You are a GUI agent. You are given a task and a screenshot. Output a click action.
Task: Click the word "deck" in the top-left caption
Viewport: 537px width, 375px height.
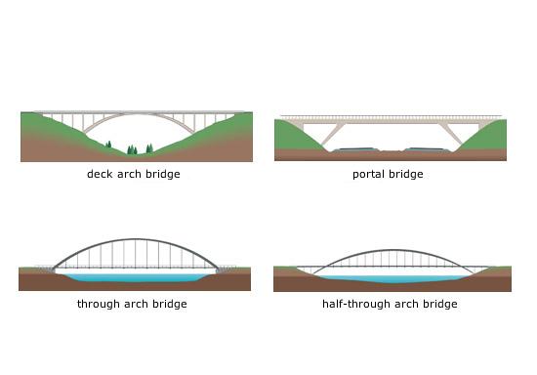coord(99,175)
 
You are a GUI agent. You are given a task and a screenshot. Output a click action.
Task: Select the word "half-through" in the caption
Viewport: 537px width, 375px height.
coord(353,305)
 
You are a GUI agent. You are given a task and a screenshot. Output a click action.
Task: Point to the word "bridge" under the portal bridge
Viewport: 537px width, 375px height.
coord(406,175)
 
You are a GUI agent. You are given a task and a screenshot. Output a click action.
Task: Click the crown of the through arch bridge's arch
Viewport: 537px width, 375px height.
coord(135,239)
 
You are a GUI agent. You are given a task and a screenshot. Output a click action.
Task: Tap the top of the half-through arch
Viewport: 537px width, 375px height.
coord(390,251)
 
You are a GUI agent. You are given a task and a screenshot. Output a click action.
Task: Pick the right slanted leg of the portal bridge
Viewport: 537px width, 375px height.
coord(452,134)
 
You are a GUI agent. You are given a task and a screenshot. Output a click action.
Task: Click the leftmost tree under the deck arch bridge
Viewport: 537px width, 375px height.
coord(108,146)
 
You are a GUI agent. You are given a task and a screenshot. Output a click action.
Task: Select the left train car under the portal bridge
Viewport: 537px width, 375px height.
coord(352,150)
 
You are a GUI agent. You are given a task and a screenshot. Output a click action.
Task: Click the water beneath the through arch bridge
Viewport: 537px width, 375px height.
coord(135,278)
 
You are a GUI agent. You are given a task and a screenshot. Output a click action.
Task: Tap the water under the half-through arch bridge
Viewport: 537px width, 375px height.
coord(390,279)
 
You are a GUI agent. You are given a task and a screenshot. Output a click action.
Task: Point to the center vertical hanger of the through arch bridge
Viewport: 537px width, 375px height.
coord(135,254)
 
